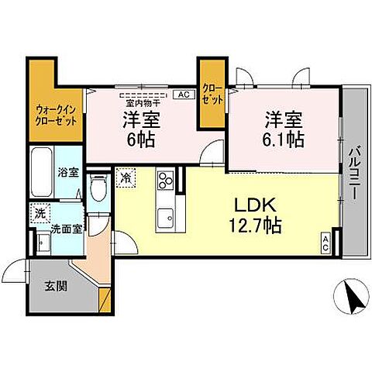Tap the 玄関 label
click(56, 285)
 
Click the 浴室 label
click(67, 172)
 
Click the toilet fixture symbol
click(98, 187)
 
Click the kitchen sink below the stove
click(165, 217)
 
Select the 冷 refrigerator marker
click(126, 177)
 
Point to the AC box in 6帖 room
click(184, 94)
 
